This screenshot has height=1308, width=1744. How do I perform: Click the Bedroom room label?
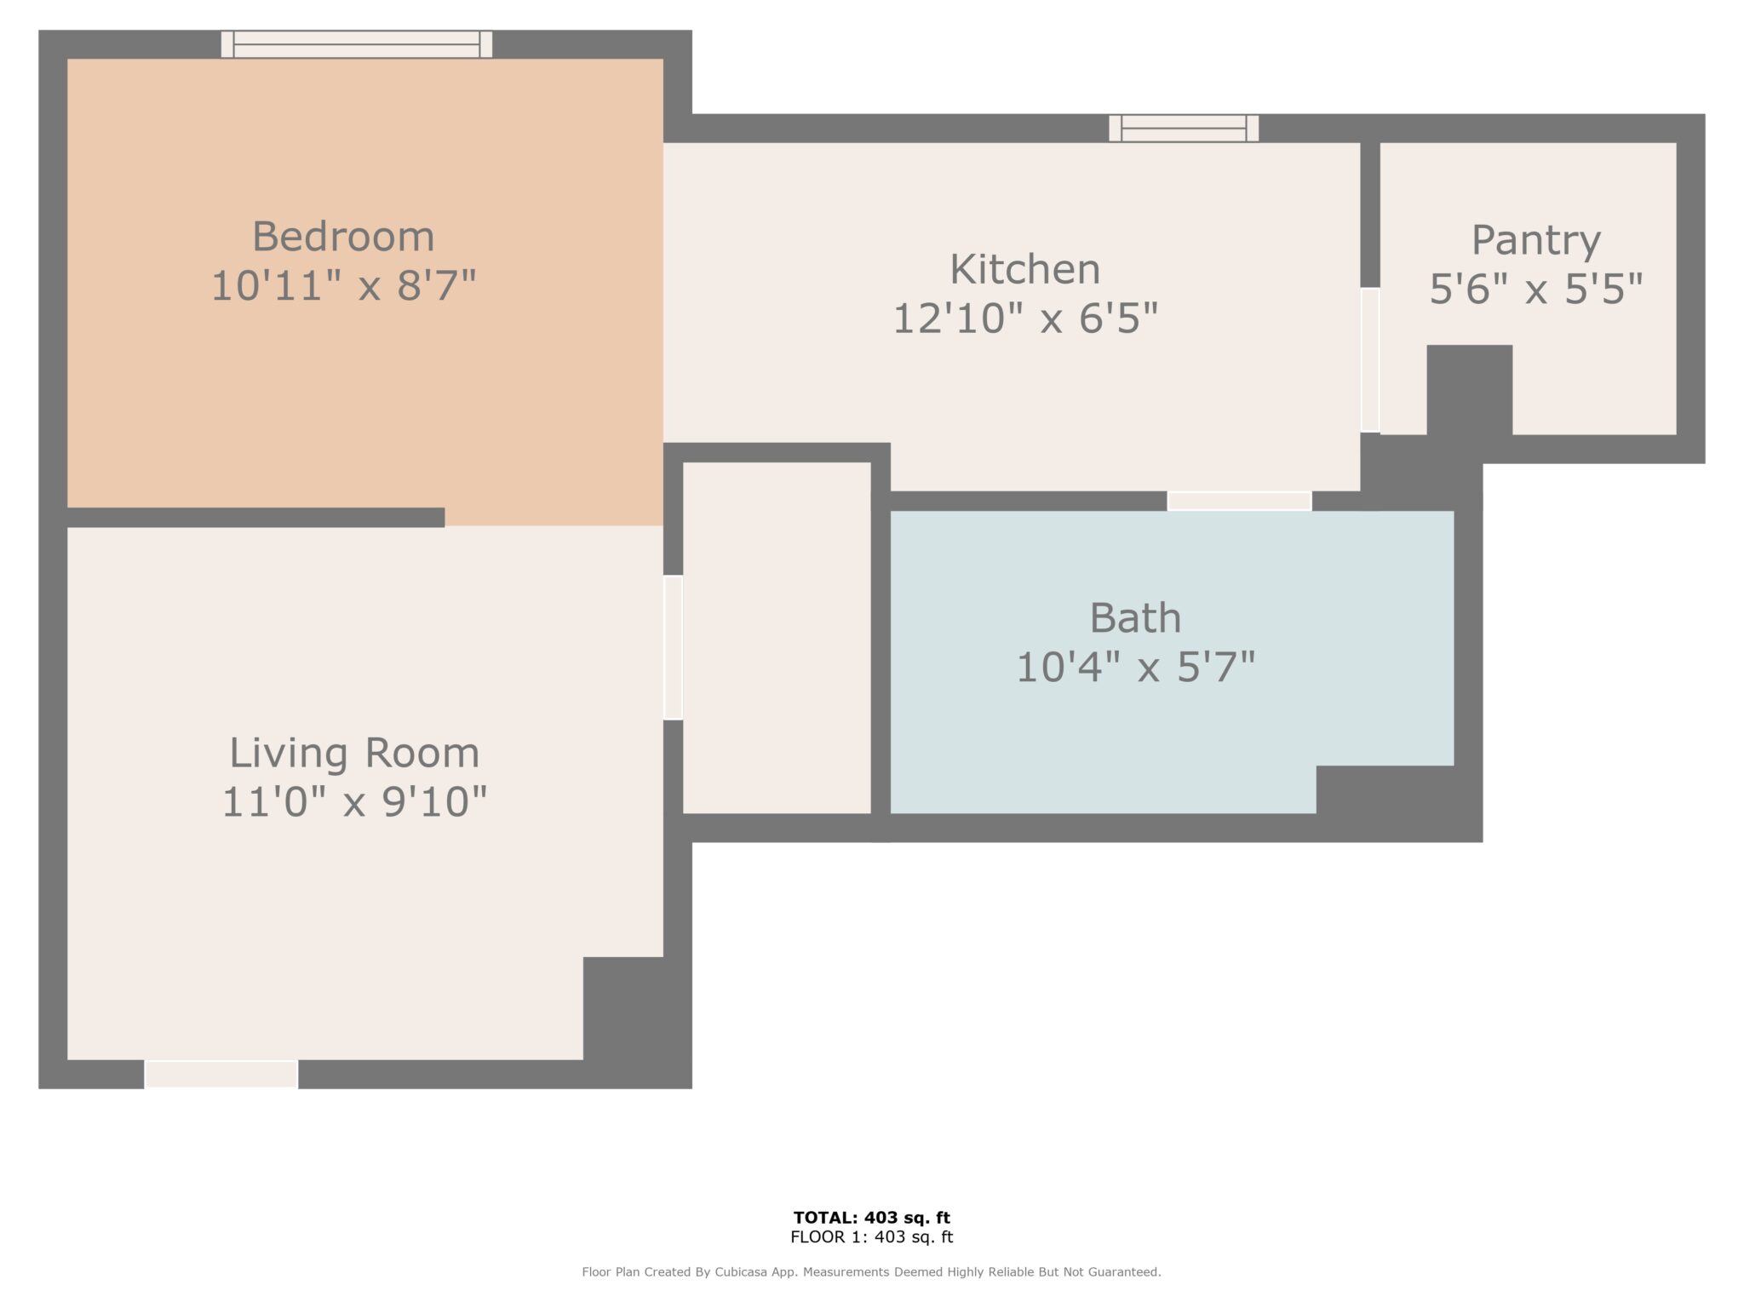(x=343, y=237)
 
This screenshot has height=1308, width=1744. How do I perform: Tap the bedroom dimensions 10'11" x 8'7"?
(x=343, y=285)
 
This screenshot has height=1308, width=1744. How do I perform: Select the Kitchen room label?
(x=1025, y=270)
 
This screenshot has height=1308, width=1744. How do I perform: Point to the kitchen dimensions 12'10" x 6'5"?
(x=1025, y=318)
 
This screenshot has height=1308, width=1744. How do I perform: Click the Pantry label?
(x=1535, y=241)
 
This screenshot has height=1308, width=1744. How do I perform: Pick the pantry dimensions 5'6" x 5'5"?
(x=1535, y=290)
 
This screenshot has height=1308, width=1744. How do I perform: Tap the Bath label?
(x=1135, y=618)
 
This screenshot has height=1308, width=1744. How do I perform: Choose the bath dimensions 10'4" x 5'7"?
(x=1135, y=667)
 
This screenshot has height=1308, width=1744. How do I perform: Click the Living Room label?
(x=354, y=753)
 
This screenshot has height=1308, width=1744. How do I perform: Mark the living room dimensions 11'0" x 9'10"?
(x=354, y=801)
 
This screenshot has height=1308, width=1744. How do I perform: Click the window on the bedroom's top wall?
(x=357, y=44)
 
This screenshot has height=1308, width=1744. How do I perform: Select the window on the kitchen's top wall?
(x=1184, y=129)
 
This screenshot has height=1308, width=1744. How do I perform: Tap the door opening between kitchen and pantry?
(x=1370, y=360)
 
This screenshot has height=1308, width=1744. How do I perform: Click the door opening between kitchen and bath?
(x=1239, y=502)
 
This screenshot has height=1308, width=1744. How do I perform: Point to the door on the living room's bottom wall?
(x=221, y=1074)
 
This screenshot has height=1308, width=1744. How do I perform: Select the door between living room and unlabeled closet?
(x=674, y=647)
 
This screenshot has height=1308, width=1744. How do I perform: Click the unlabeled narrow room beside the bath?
(x=777, y=638)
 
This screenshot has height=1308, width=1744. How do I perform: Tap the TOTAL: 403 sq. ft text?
(x=872, y=1218)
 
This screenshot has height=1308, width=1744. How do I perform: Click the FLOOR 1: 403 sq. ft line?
(x=872, y=1237)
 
